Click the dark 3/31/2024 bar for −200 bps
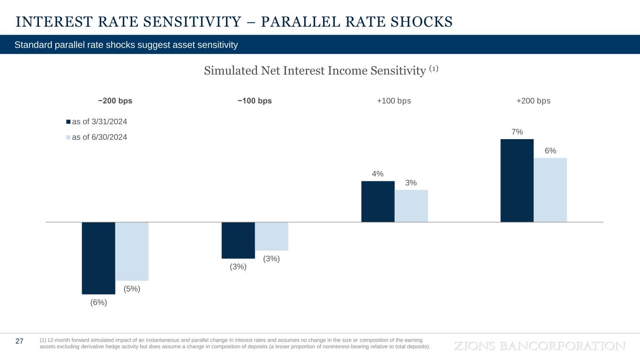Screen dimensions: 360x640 tap(98, 258)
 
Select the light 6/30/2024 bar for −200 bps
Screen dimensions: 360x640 tap(132, 251)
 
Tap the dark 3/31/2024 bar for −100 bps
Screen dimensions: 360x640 tap(238, 240)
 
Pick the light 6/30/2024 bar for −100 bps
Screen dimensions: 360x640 tap(271, 236)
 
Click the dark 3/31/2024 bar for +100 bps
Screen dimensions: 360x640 tap(378, 202)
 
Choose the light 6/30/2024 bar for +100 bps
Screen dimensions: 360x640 tap(411, 206)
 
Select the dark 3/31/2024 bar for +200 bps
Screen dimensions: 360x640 tap(517, 180)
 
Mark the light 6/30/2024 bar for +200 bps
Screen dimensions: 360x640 tap(550, 190)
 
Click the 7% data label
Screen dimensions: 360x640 tap(517, 132)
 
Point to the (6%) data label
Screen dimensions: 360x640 tap(98, 302)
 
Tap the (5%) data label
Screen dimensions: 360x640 tap(132, 289)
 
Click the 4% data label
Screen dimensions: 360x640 tap(378, 174)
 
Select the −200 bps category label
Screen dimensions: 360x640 tap(115, 101)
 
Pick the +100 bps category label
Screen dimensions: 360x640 tap(394, 101)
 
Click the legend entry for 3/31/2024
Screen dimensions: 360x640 tap(97, 122)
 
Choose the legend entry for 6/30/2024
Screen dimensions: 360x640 tap(97, 137)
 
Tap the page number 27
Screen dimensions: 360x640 tap(20, 341)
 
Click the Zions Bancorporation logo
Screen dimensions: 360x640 tap(540, 346)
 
